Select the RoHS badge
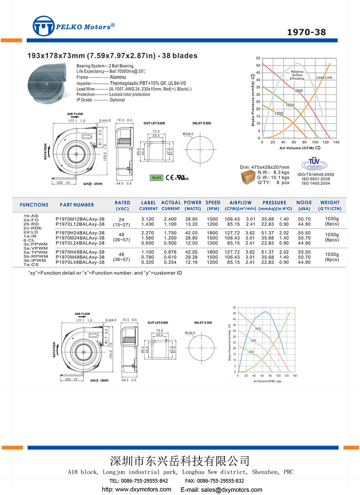tap(157, 177)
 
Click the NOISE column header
tap(304, 203)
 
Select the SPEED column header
tap(213, 203)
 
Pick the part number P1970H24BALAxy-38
tap(80, 233)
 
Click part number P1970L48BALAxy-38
tap(80, 262)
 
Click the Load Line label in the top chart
tap(324, 77)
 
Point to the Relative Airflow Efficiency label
tap(297, 75)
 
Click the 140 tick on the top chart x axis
tap(337, 142)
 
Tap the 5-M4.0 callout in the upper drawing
tap(106, 121)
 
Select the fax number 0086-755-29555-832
tap(220, 481)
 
